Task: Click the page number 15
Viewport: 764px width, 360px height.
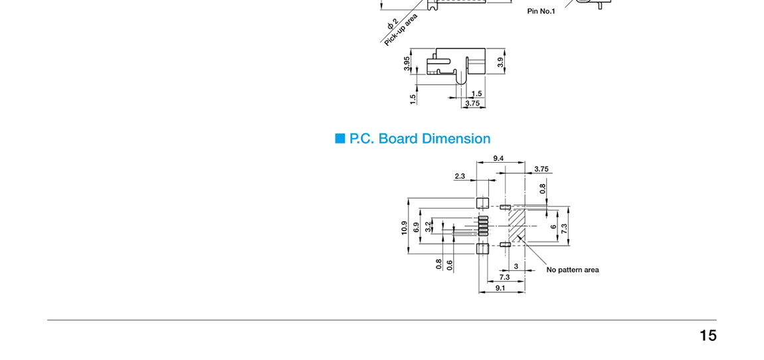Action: pyautogui.click(x=708, y=335)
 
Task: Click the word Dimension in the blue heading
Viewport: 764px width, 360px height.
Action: pyautogui.click(x=456, y=139)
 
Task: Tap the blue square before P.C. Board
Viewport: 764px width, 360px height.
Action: pyautogui.click(x=341, y=138)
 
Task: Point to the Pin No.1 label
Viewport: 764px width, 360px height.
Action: pyautogui.click(x=541, y=11)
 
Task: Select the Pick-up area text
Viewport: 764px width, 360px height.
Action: pyautogui.click(x=401, y=30)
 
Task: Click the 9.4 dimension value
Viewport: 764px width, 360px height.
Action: pyautogui.click(x=499, y=158)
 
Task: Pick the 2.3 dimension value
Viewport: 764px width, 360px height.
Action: pyautogui.click(x=460, y=176)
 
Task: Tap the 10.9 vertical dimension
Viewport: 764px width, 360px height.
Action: pyautogui.click(x=404, y=228)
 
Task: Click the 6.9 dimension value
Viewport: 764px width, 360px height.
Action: pyautogui.click(x=417, y=227)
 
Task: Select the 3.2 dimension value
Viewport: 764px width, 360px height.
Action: pyautogui.click(x=428, y=226)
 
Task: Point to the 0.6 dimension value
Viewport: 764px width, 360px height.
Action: pyautogui.click(x=450, y=264)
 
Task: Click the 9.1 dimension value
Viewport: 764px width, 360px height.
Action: pyautogui.click(x=500, y=288)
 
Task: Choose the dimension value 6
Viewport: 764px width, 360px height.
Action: pyautogui.click(x=553, y=226)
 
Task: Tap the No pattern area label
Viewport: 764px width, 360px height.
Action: pyautogui.click(x=573, y=270)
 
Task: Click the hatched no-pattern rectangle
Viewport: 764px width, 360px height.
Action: pyautogui.click(x=517, y=225)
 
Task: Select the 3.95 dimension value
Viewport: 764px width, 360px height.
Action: pyautogui.click(x=407, y=64)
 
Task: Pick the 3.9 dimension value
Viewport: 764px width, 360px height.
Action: pyautogui.click(x=500, y=62)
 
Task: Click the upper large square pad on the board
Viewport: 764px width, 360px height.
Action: pyautogui.click(x=483, y=203)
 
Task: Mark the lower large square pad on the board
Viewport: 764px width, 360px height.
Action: pyautogui.click(x=483, y=248)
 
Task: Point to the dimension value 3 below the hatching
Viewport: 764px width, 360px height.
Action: pyautogui.click(x=516, y=266)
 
